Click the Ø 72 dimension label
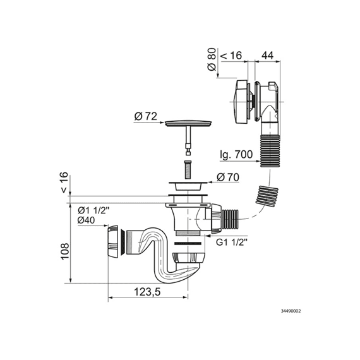pos(146,117)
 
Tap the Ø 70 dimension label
pos(228,177)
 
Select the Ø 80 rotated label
pos(212,59)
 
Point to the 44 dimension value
pos(268,56)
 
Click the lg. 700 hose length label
pos(236,155)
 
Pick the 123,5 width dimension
pos(147,292)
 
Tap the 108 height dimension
pos(65,251)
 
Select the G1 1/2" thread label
pos(232,243)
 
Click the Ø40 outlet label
pos(86,220)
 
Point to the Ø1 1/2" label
pos(93,210)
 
